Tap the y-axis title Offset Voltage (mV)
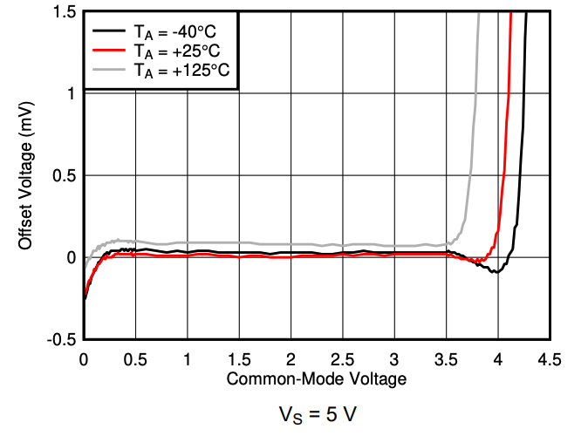pyautogui.click(x=25, y=174)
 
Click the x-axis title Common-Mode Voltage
pyautogui.click(x=317, y=379)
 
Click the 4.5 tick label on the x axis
pyautogui.click(x=550, y=358)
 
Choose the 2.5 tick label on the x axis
pyautogui.click(x=342, y=358)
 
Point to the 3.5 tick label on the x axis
pyautogui.click(x=446, y=358)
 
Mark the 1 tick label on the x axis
pyautogui.click(x=188, y=358)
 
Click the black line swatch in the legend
pyautogui.click(x=109, y=31)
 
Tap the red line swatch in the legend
pyautogui.click(x=109, y=51)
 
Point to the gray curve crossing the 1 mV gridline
pyautogui.click(x=475, y=93)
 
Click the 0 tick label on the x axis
pyautogui.click(x=84, y=358)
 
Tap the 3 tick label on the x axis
pyautogui.click(x=394, y=358)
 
